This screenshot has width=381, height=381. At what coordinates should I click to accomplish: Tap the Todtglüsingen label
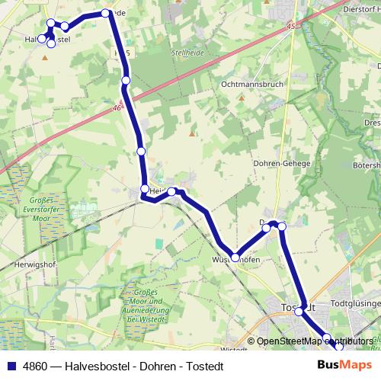tap(354, 303)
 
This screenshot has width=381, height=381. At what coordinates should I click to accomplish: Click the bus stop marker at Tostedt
tap(299, 311)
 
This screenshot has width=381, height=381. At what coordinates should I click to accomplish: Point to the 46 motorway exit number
tap(118, 108)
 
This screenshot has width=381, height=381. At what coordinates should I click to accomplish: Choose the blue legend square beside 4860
tap(11, 366)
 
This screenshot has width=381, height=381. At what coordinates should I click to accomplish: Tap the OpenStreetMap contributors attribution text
tap(314, 341)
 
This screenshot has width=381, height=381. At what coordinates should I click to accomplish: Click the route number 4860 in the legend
tap(34, 366)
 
